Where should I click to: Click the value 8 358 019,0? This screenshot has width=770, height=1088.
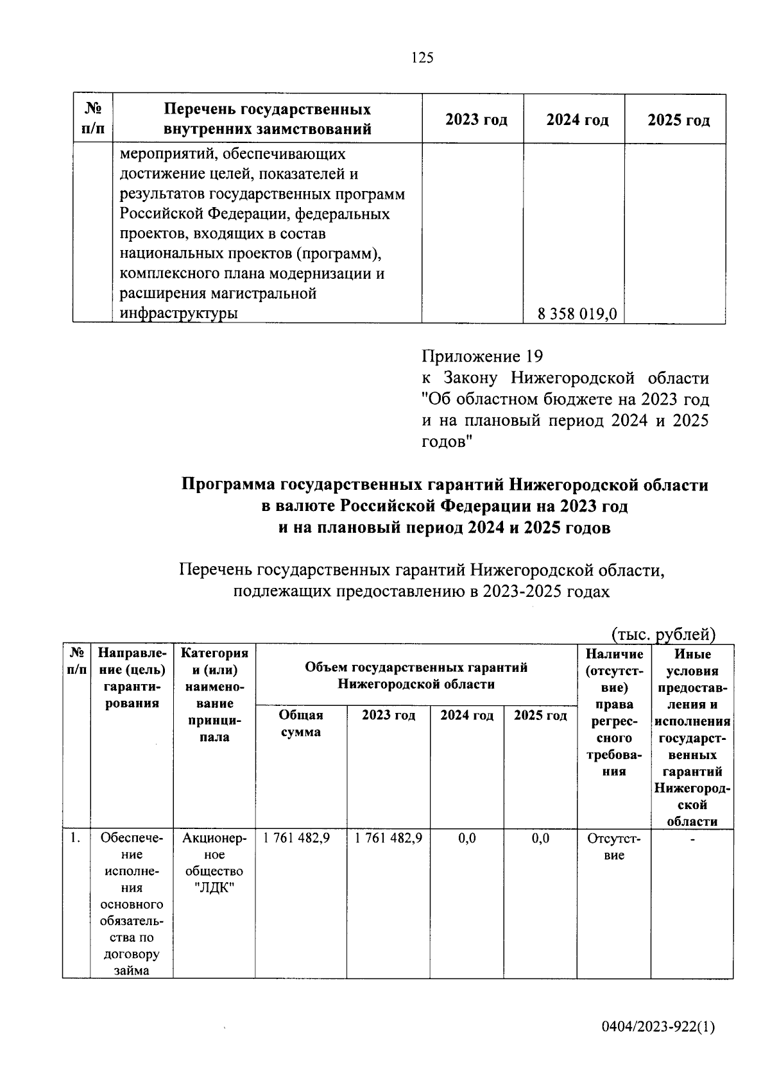point(577,314)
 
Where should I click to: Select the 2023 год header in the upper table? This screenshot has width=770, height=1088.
point(476,121)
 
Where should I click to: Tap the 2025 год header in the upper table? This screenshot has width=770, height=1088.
point(678,121)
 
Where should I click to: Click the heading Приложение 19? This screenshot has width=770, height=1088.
point(483,356)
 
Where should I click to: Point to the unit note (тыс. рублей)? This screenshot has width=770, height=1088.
point(663,634)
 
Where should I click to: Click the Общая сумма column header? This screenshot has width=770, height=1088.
point(302,724)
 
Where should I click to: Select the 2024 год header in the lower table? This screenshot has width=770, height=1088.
point(466,716)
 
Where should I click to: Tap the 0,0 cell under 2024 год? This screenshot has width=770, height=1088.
point(467,838)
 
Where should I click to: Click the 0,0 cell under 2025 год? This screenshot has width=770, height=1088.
point(541,838)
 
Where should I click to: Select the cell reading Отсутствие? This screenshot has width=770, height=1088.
point(614,846)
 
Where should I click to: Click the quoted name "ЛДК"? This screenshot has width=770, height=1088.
point(214,888)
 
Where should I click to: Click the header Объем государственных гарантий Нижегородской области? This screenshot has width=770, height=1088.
point(416,676)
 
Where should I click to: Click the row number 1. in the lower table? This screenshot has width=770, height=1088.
point(76,837)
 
